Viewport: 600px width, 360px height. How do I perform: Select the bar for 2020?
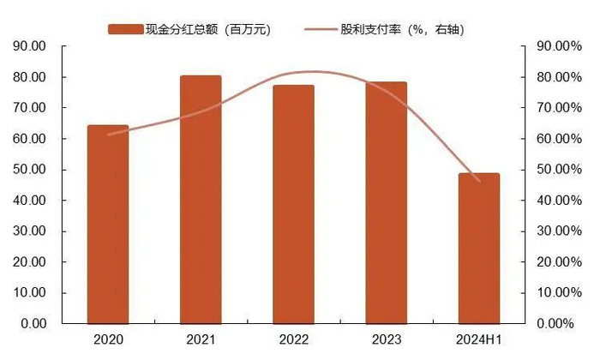point(108,225)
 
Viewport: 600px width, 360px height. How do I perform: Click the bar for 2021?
point(201,200)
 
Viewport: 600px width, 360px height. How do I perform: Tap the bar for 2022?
point(293,204)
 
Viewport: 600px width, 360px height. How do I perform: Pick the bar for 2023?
point(386,203)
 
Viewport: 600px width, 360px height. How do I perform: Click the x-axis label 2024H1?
point(478,340)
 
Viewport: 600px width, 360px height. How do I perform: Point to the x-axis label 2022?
point(293,340)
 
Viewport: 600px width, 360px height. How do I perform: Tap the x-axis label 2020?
point(108,340)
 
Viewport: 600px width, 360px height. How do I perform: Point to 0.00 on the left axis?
point(33,324)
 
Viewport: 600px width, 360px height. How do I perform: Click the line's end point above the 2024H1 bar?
point(479,181)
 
